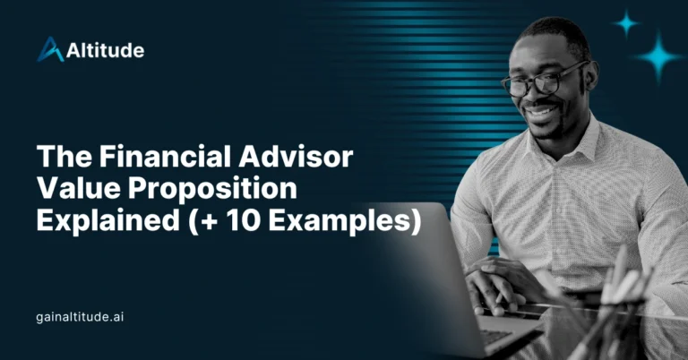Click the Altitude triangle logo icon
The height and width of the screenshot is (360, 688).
pos(49,49)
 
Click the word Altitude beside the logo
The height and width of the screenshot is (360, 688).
pos(105,50)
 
